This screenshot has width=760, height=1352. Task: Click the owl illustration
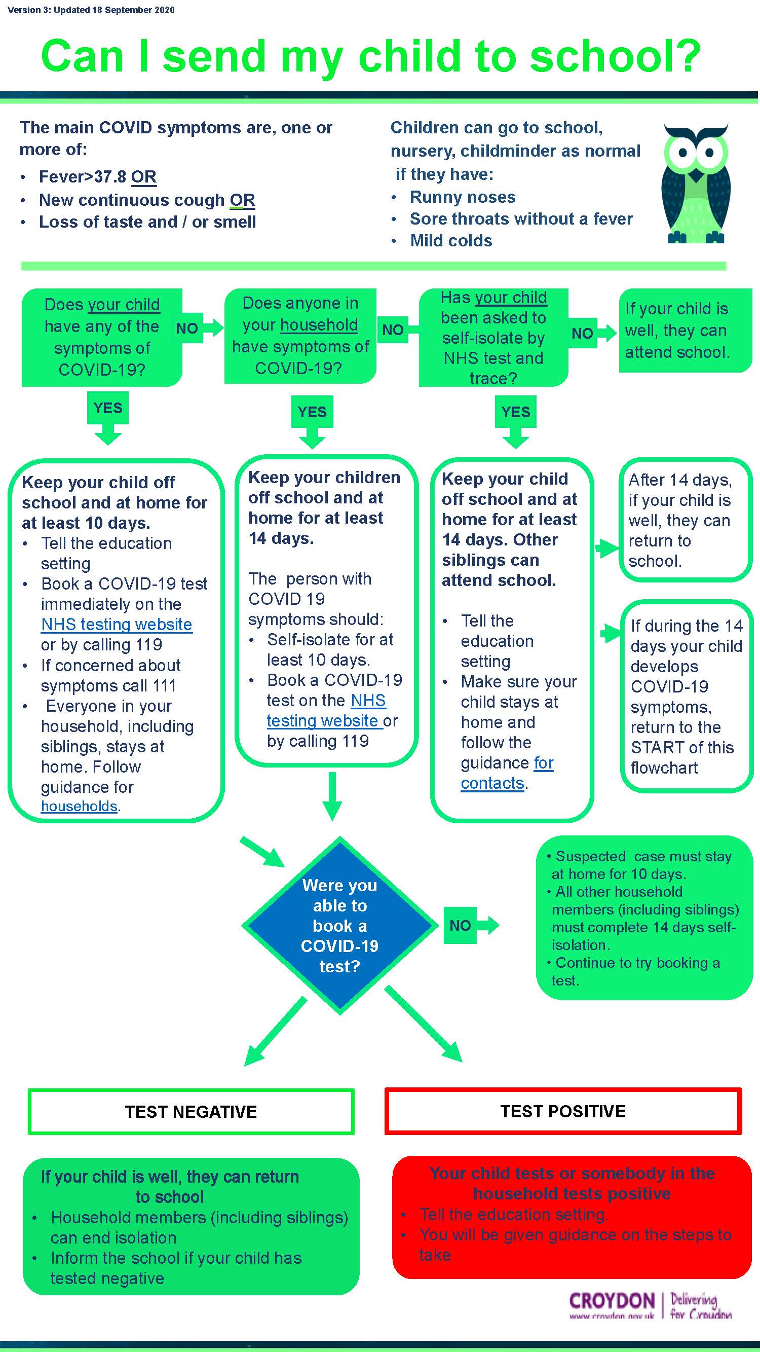tap(696, 184)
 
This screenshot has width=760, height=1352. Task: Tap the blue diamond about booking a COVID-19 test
tap(340, 925)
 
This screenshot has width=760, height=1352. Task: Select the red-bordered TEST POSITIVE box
tap(563, 1112)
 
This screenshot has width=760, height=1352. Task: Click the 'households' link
tap(79, 806)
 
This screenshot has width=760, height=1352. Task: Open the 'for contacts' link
tap(507, 773)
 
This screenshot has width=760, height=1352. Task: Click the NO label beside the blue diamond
tap(460, 925)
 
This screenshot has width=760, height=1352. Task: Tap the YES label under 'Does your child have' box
tap(107, 408)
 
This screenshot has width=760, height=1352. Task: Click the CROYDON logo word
tap(612, 1301)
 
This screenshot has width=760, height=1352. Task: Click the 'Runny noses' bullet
tap(462, 197)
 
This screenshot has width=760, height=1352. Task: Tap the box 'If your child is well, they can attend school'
tap(685, 330)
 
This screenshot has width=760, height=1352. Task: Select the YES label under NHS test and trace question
tap(515, 412)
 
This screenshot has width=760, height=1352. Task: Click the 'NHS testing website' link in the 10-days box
tap(117, 625)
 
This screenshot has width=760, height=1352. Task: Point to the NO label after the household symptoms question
tap(392, 330)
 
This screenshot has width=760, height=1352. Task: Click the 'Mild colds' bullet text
tap(450, 241)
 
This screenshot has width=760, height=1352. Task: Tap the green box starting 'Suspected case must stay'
tap(644, 918)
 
